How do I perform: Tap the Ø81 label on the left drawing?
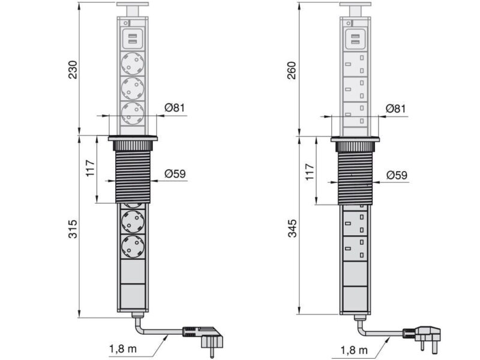pyautogui.click(x=175, y=108)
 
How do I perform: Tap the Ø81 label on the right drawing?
pyautogui.click(x=397, y=108)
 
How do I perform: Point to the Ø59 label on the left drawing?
pyautogui.click(x=175, y=175)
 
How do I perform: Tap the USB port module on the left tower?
pyautogui.click(x=132, y=40)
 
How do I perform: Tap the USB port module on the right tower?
pyautogui.click(x=355, y=40)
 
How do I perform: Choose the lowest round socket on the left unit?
pyautogui.click(x=133, y=247)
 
